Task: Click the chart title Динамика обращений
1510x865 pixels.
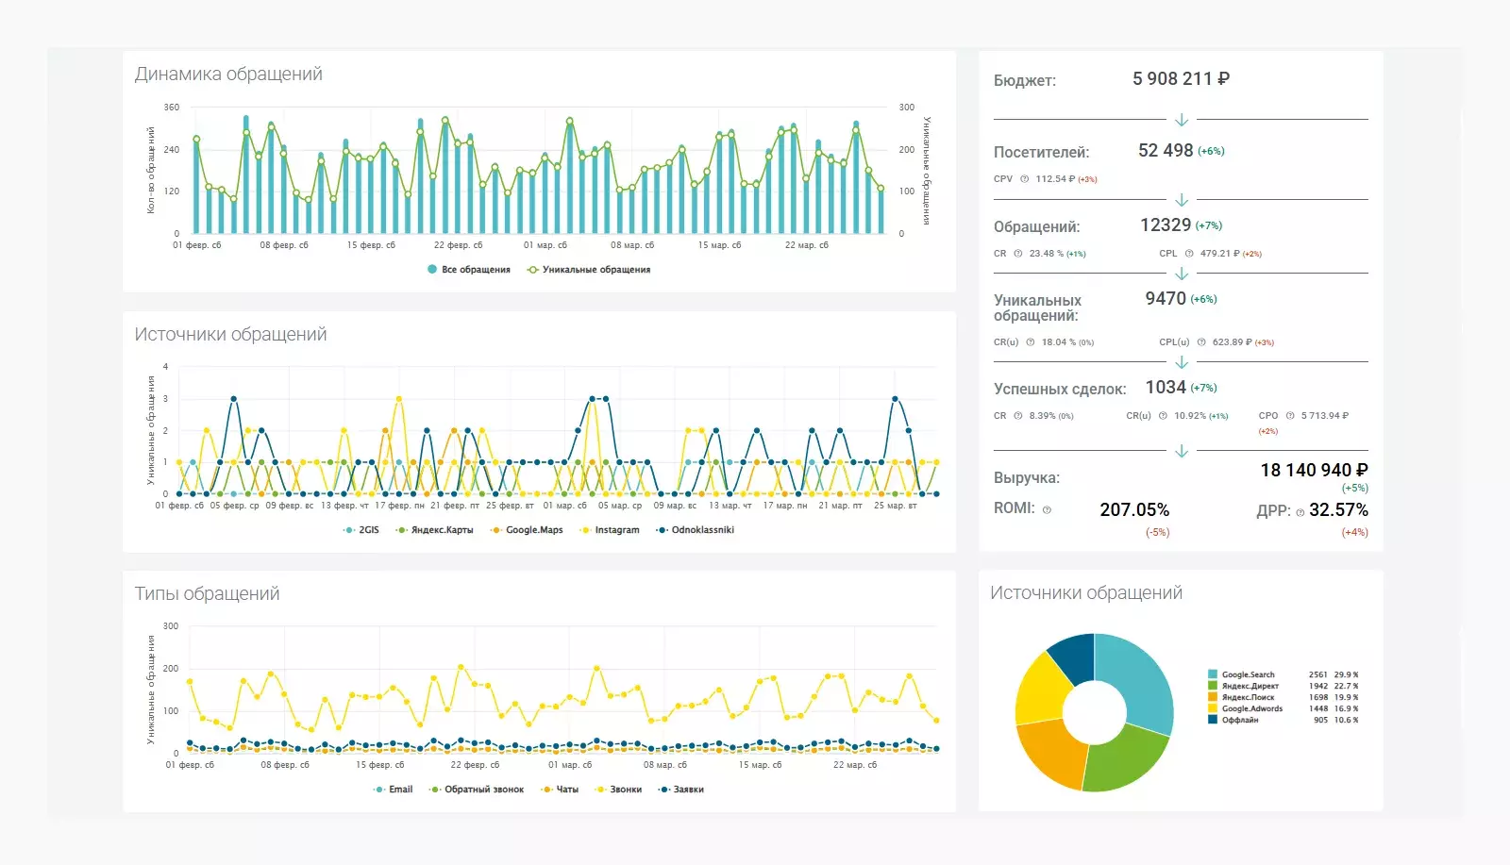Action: [228, 75]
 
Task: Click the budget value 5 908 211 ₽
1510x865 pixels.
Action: [1181, 79]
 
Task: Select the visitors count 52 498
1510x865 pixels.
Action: [1166, 151]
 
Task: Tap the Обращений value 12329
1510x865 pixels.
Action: [1166, 225]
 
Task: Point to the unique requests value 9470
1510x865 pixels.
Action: [1166, 299]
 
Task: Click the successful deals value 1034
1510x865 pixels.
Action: [1166, 388]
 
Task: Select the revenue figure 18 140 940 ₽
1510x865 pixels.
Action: [1314, 471]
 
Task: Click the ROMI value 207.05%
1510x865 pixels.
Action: [1134, 510]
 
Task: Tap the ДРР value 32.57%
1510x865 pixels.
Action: [1338, 510]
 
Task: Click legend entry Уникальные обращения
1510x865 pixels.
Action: [596, 270]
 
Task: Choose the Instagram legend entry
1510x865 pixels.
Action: [616, 530]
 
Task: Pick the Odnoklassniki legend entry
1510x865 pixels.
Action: [702, 530]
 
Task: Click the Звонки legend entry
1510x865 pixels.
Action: [625, 790]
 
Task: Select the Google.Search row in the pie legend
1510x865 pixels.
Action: [1248, 675]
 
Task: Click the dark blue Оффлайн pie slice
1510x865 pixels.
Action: [1073, 657]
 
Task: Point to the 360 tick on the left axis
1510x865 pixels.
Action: [172, 108]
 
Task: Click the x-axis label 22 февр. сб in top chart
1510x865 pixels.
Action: [458, 245]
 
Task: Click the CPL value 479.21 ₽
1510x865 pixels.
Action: [1219, 254]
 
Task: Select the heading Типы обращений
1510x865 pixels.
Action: [207, 594]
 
